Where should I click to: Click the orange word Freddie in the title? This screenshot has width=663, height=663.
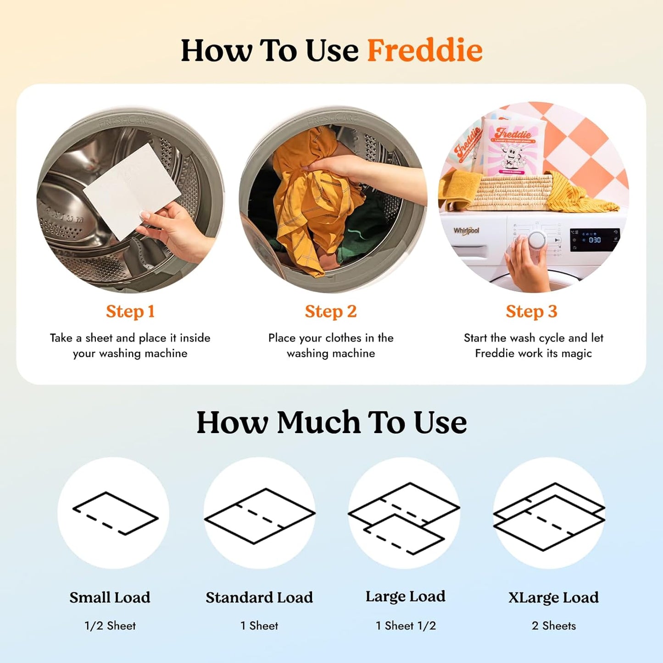click(x=424, y=50)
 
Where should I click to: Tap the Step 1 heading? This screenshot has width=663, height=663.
click(x=130, y=312)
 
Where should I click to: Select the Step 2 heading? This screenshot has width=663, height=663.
click(x=331, y=312)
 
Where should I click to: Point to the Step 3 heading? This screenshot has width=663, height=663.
click(x=531, y=312)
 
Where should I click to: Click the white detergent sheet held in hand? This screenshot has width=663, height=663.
click(x=133, y=190)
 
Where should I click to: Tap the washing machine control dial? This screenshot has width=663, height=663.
click(x=536, y=239)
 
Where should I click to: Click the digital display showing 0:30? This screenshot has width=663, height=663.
click(x=594, y=240)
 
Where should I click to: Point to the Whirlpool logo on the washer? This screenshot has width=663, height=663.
click(x=466, y=230)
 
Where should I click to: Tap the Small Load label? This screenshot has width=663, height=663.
click(x=110, y=597)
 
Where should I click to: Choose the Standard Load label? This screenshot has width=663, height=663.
click(x=259, y=597)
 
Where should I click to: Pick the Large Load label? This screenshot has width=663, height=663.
click(x=405, y=596)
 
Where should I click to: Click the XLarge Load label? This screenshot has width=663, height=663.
click(x=553, y=597)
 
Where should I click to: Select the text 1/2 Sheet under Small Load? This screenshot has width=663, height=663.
click(x=110, y=626)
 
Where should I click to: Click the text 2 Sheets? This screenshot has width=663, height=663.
click(x=553, y=626)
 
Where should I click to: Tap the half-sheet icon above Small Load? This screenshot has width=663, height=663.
click(x=115, y=513)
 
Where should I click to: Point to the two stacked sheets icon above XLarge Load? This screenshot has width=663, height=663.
click(x=549, y=516)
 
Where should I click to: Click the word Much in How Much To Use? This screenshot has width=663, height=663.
click(x=318, y=423)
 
